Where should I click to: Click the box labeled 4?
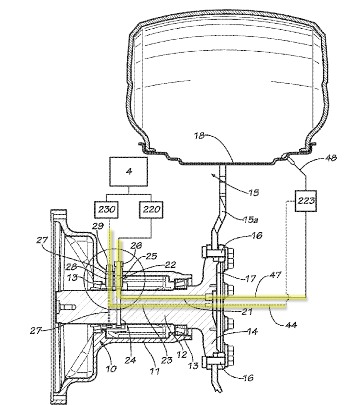(x=129, y=172)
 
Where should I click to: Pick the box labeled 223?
(x=306, y=201)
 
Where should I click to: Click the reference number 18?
(x=199, y=136)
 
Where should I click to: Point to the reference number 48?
(x=331, y=157)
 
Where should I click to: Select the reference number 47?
(x=275, y=275)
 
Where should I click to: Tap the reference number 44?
(x=291, y=324)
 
